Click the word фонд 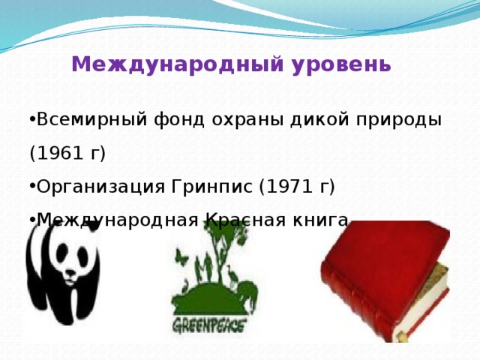(x=170, y=120)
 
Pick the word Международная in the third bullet (x=116, y=220)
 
